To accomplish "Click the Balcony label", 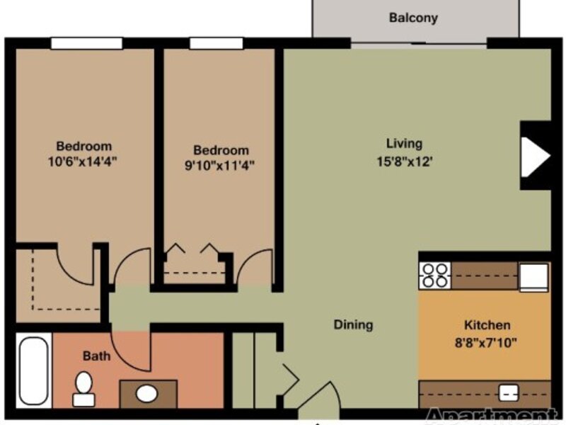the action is pos(413,18).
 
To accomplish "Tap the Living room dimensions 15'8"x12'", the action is pos(405,161).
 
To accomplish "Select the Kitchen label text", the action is pos(487,325).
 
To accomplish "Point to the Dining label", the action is pos(353,324).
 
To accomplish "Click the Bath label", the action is pos(96,356).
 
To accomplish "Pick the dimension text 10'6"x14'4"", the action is pos(83,161).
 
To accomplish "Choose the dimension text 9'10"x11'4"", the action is pos(219,165).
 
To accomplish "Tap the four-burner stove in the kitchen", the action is pos(435,276).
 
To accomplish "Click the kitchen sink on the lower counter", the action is pos(508,393).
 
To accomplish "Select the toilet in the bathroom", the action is pos(83,389).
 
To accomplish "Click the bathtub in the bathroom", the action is pos(33,370).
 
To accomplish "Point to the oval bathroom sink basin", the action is pos(147,394).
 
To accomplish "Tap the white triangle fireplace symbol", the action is pos(536,157).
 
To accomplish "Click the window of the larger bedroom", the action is pos(86,43).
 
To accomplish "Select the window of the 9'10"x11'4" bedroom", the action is pos(216,43).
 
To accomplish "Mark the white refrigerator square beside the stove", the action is pos(533,277).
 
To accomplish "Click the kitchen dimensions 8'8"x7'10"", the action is pos(486,342).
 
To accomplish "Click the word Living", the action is pos(404,144).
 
